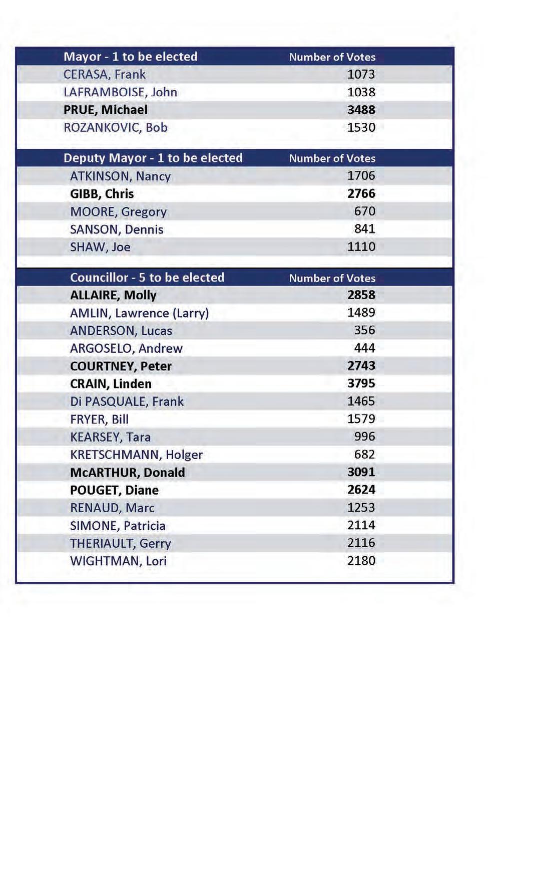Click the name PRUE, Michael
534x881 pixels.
point(105,110)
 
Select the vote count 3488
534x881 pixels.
point(361,110)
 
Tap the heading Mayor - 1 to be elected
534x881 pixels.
point(130,57)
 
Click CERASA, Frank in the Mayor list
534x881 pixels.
point(104,74)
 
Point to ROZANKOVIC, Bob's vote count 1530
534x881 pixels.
point(361,127)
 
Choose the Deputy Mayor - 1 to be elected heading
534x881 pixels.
point(153,158)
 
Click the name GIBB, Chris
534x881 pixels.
point(102,194)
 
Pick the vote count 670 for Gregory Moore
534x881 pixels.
point(364,211)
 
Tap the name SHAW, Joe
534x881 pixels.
point(100,247)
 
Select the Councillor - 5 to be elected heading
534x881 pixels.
point(147,277)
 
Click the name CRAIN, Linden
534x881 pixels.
point(111,384)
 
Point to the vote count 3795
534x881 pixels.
point(361,383)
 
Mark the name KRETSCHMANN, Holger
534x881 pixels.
point(136,455)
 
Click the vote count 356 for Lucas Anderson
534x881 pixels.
point(364,330)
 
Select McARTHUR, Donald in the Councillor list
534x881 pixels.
point(127,473)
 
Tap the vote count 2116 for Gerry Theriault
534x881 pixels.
point(361,543)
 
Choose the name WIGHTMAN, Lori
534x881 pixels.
point(118,561)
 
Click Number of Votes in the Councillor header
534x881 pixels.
point(332,278)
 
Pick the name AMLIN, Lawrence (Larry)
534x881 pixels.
point(139,313)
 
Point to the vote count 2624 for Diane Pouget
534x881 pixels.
point(361,490)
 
